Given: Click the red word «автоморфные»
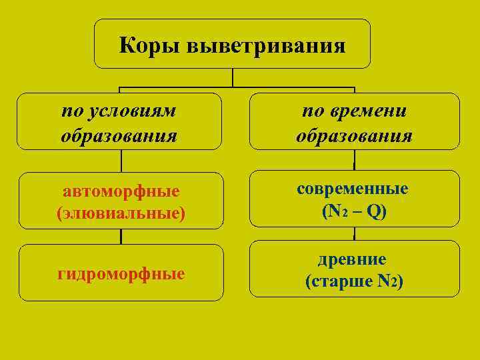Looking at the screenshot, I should [x=121, y=191].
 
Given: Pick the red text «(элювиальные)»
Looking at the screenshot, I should [x=121, y=214].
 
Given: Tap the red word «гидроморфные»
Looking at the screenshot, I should [x=121, y=273].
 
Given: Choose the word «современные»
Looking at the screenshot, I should [x=353, y=189].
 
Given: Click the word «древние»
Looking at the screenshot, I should [x=354, y=259].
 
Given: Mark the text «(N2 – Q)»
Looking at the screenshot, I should [x=354, y=212].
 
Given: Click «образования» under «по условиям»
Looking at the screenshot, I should [x=119, y=136].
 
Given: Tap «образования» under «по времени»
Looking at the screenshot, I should [x=354, y=136].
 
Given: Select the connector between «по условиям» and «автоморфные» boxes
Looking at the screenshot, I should [x=121, y=161].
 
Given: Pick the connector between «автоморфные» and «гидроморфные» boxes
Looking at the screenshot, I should [x=121, y=237].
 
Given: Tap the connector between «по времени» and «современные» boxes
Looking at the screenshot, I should [x=354, y=160].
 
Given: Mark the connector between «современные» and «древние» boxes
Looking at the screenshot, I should [x=354, y=233].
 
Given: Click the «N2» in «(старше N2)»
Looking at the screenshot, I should [x=387, y=282].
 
